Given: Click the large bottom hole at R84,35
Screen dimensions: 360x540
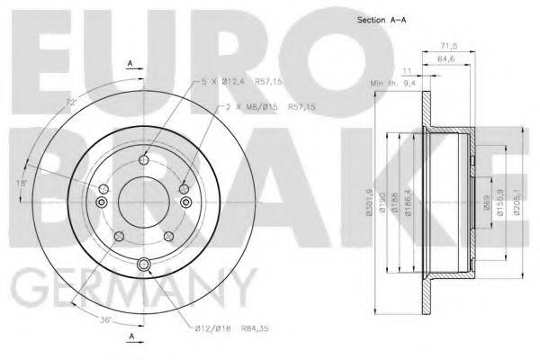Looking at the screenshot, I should point(145,264).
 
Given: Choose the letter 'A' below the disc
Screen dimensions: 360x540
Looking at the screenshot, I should point(131,337).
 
